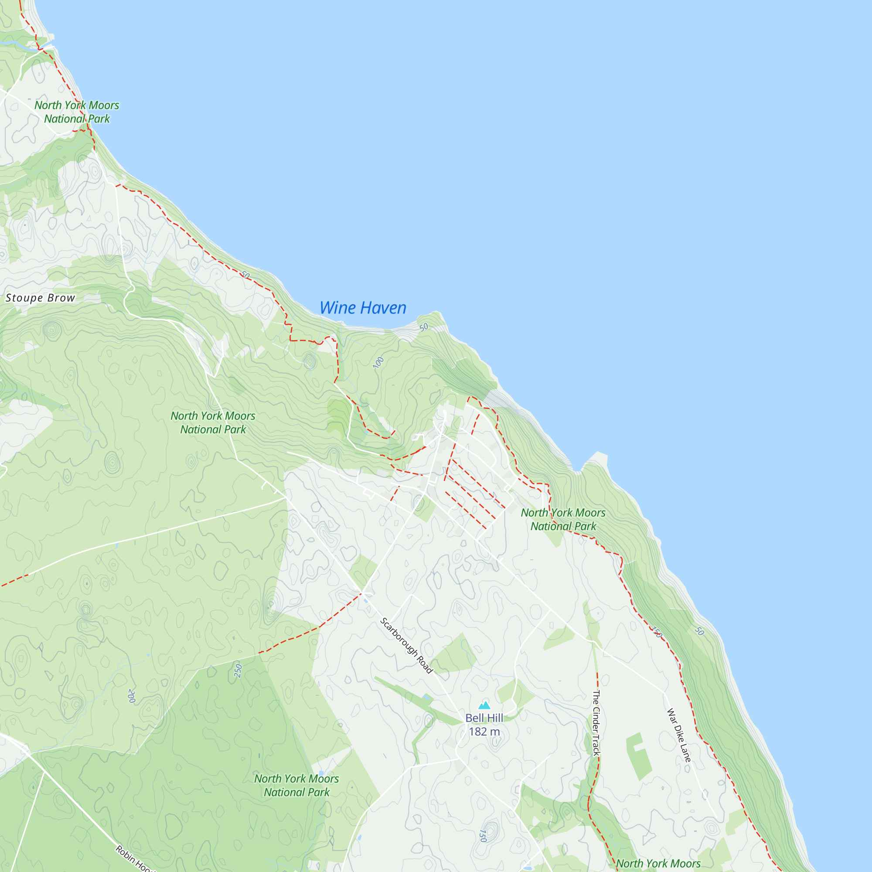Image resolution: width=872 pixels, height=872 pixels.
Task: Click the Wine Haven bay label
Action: (x=363, y=308)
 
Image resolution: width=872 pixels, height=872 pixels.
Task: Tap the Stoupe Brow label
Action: (x=40, y=298)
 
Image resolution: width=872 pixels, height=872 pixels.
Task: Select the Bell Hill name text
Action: (x=484, y=718)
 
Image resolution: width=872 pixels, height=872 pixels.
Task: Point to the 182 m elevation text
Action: (x=484, y=732)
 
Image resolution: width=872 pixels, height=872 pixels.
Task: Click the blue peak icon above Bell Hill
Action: (x=484, y=705)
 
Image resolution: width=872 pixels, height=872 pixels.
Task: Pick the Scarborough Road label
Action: (x=406, y=646)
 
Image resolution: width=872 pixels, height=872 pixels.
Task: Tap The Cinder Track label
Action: (x=596, y=722)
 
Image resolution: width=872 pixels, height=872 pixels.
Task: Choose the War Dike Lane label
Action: (x=679, y=735)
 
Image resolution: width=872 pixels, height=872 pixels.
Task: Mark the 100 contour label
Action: (x=378, y=362)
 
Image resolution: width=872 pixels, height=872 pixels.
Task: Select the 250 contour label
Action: (x=238, y=671)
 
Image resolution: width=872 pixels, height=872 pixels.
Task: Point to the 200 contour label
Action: (x=131, y=696)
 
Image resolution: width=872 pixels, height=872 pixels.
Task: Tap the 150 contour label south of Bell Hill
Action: (x=483, y=836)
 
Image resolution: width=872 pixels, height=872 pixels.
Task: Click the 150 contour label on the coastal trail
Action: (x=657, y=632)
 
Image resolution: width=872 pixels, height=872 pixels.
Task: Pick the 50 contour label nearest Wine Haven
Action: (x=423, y=327)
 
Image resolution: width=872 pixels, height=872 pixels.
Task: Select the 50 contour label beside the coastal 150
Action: (x=699, y=631)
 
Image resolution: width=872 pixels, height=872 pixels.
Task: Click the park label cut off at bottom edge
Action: (x=658, y=863)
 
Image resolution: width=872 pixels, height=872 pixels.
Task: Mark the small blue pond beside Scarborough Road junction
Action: (x=367, y=601)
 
